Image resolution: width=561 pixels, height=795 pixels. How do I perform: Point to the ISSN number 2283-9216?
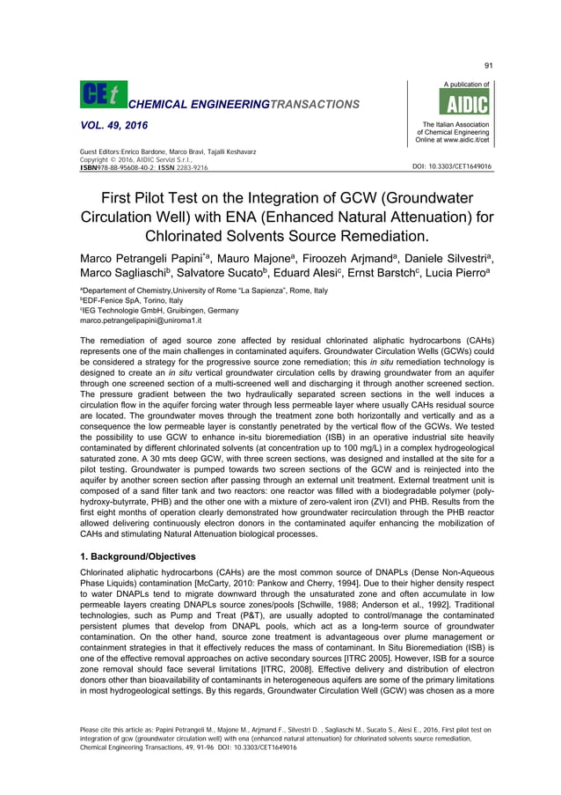(x=191, y=166)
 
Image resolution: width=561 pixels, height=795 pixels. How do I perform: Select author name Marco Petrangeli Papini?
(x=146, y=260)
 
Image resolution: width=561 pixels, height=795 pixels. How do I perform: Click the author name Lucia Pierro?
(x=455, y=276)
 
